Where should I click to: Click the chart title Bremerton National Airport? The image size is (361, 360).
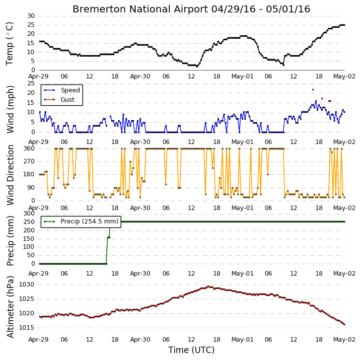pyautogui.click(x=140, y=9)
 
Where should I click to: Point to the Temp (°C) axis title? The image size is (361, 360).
pyautogui.click(x=9, y=44)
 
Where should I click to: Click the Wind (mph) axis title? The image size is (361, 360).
pyautogui.click(x=10, y=109)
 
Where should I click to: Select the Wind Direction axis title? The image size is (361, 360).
pyautogui.click(x=10, y=175)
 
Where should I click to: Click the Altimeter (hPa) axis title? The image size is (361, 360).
pyautogui.click(x=10, y=307)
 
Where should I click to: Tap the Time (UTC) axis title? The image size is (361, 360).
pyautogui.click(x=191, y=350)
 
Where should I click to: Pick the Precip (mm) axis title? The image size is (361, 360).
pyautogui.click(x=10, y=241)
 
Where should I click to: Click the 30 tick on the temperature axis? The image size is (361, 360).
pyautogui.click(x=31, y=16)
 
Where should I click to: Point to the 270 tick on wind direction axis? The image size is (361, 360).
pyautogui.click(x=29, y=161)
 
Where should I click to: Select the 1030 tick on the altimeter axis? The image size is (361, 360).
pyautogui.click(x=26, y=285)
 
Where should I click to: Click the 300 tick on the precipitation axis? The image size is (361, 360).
pyautogui.click(x=29, y=214)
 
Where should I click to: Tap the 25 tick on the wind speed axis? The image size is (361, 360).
pyautogui.click(x=31, y=83)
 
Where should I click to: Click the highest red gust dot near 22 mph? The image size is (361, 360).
pyautogui.click(x=313, y=89)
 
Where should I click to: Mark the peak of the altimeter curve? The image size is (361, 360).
pyautogui.click(x=208, y=287)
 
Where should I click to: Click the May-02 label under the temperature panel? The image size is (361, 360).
pyautogui.click(x=345, y=76)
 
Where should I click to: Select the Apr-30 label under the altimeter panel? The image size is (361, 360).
pyautogui.click(x=140, y=340)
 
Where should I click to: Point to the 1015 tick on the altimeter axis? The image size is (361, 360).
pyautogui.click(x=26, y=328)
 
